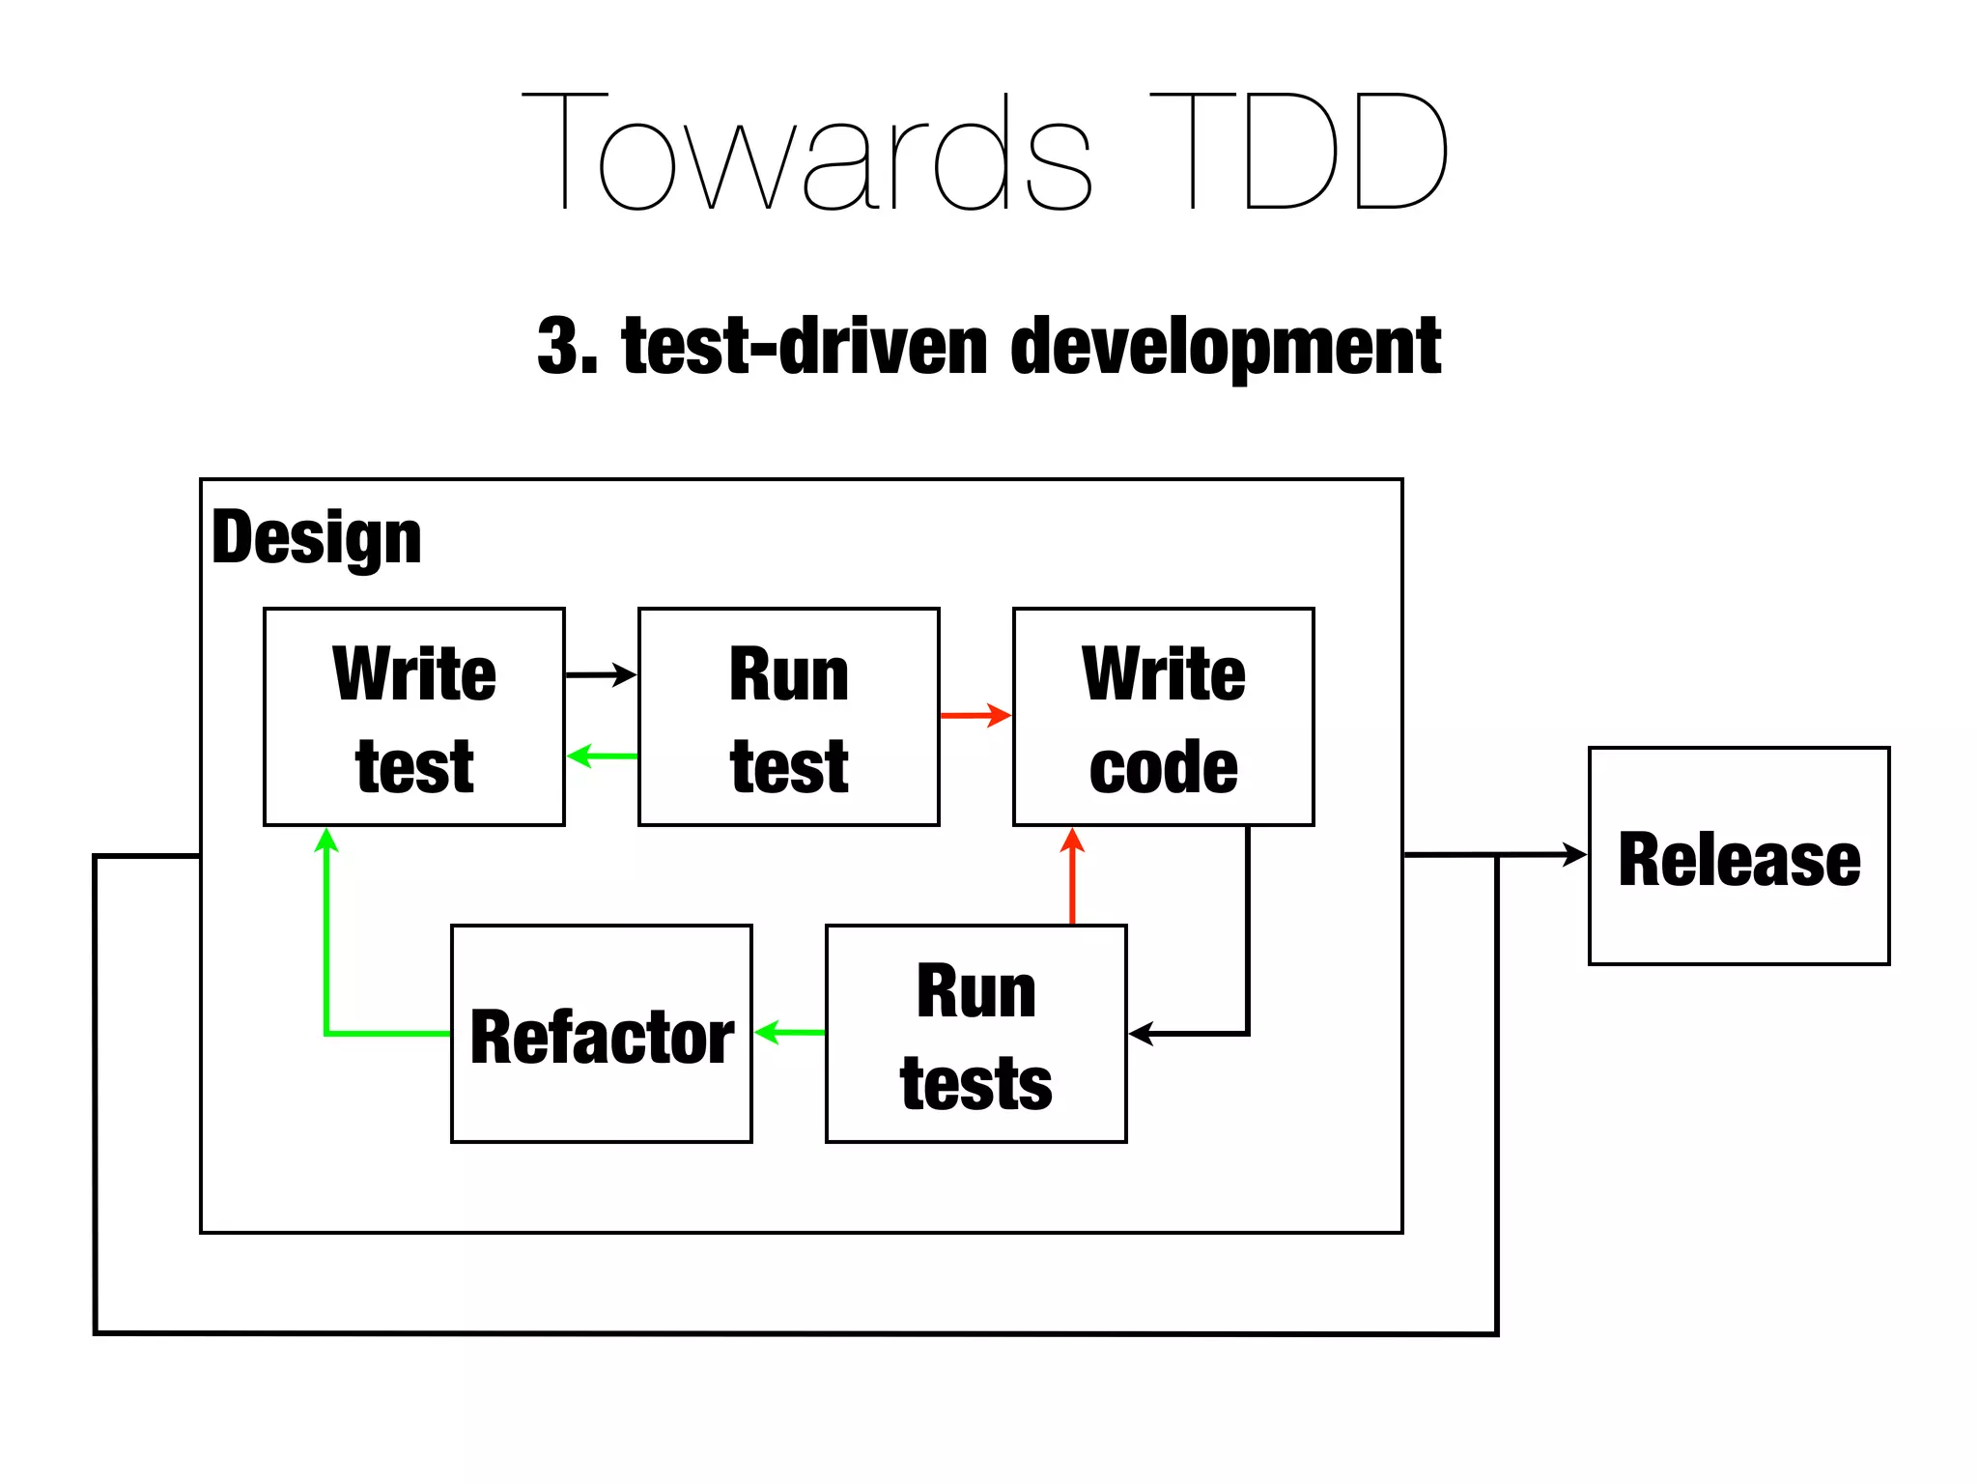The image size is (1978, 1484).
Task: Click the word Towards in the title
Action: click(806, 153)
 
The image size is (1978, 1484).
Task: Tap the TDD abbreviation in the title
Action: click(1299, 153)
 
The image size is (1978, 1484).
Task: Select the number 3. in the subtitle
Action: click(568, 346)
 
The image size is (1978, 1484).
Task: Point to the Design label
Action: click(317, 538)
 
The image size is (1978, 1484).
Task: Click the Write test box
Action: click(414, 717)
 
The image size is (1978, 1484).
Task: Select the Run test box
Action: click(788, 717)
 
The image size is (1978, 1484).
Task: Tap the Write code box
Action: click(1163, 717)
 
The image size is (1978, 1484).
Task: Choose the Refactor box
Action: click(602, 1035)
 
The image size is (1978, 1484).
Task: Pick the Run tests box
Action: click(975, 1035)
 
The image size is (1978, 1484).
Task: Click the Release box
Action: click(1738, 856)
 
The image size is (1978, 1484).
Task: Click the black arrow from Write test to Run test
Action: click(600, 674)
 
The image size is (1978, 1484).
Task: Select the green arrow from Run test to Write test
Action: click(602, 756)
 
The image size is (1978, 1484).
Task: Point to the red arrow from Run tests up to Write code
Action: click(1072, 879)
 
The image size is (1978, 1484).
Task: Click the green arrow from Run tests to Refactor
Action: click(789, 1033)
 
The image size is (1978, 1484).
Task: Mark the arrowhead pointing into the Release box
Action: click(1576, 854)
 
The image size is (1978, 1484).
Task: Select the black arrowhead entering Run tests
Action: click(1140, 1034)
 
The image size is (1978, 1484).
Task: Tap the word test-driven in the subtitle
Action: click(805, 346)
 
